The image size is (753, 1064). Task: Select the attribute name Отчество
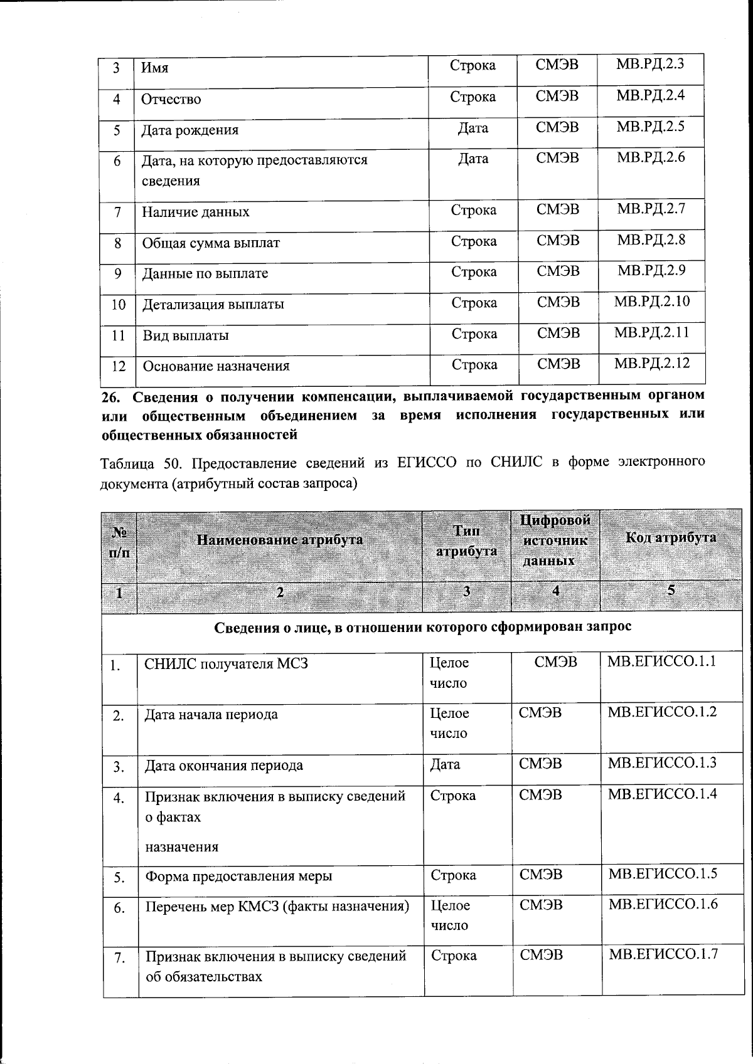pyautogui.click(x=171, y=99)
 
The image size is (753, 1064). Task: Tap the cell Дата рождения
pyautogui.click(x=190, y=130)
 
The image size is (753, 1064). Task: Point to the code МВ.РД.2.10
pyautogui.click(x=651, y=301)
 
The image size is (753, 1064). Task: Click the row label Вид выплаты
pyautogui.click(x=186, y=335)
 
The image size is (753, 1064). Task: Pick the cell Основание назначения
pyautogui.click(x=216, y=366)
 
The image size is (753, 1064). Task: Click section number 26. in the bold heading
pyautogui.click(x=113, y=396)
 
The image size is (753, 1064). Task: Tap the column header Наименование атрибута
pyautogui.click(x=280, y=540)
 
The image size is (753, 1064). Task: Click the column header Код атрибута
pyautogui.click(x=671, y=537)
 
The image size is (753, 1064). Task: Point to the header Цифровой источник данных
pyautogui.click(x=555, y=540)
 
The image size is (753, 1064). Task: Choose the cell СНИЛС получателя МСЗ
pyautogui.click(x=226, y=663)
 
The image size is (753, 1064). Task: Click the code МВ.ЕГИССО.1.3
pyautogui.click(x=662, y=763)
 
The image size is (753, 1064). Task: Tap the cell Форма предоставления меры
pyautogui.click(x=238, y=876)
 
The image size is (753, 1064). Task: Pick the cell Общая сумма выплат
pyautogui.click(x=211, y=243)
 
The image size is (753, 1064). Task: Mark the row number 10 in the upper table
pyautogui.click(x=118, y=305)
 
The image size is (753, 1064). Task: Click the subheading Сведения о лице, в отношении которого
pyautogui.click(x=423, y=627)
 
